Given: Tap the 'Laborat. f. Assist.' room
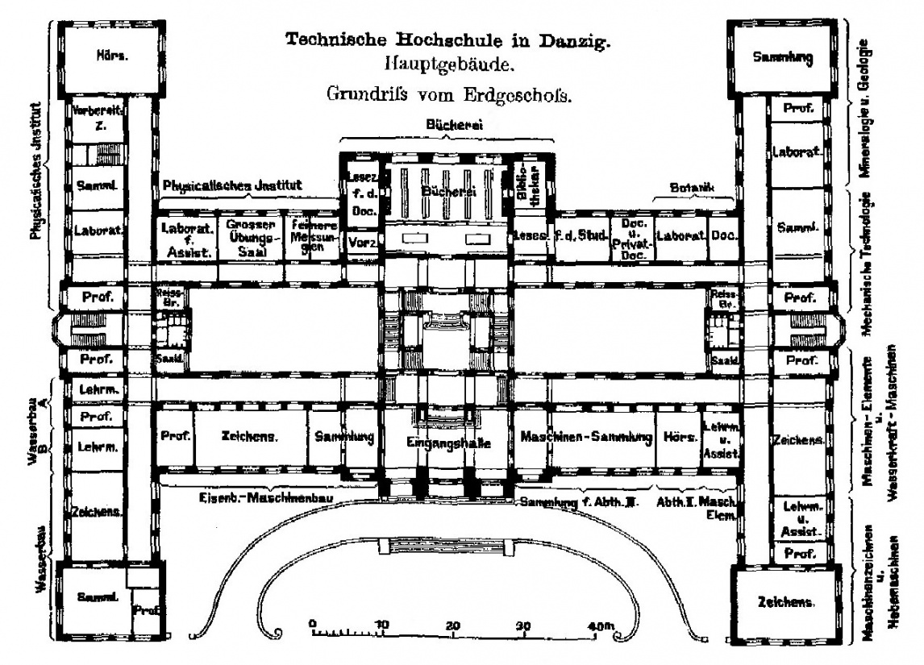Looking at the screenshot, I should [x=186, y=239].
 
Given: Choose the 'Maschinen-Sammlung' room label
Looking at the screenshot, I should [x=586, y=438].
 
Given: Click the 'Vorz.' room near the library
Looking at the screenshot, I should [x=360, y=242].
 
